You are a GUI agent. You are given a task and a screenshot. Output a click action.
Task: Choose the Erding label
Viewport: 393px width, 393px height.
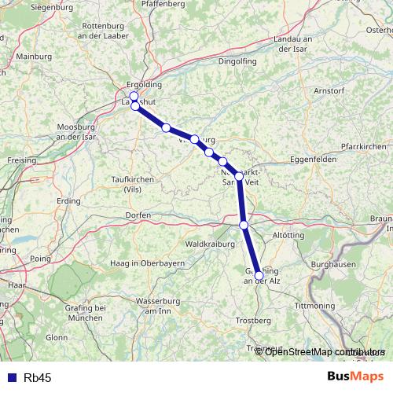[x=68, y=201]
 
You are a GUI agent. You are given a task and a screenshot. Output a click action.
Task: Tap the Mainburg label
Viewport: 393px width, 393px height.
[x=32, y=57]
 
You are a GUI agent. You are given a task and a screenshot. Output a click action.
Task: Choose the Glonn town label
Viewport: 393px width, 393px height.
[x=57, y=336]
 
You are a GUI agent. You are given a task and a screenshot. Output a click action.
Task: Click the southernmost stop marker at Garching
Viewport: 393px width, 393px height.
[x=259, y=275]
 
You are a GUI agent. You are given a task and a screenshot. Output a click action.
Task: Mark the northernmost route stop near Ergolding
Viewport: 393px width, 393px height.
[x=134, y=96]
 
